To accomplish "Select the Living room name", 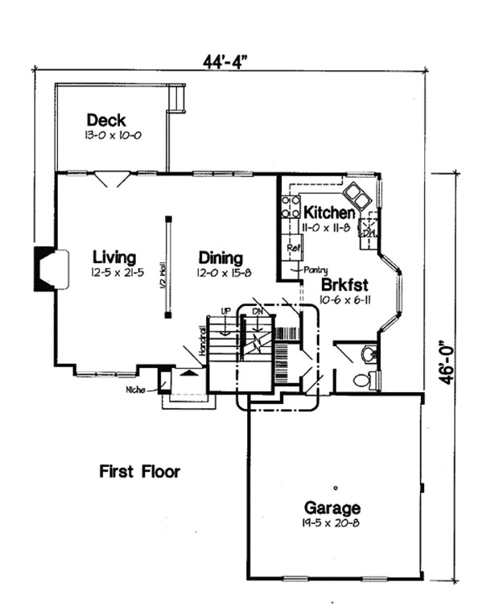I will pyautogui.click(x=113, y=258).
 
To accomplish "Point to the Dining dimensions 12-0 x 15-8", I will pyautogui.click(x=221, y=275).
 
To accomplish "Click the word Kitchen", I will pyautogui.click(x=328, y=213).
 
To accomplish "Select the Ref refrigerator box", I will pyautogui.click(x=292, y=248).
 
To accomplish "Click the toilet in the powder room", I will pyautogui.click(x=362, y=380).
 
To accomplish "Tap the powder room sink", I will pyautogui.click(x=369, y=353).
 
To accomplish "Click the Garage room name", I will pyautogui.click(x=332, y=508).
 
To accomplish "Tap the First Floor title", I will pyautogui.click(x=139, y=472).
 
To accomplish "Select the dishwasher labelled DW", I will pyautogui.click(x=369, y=231).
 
